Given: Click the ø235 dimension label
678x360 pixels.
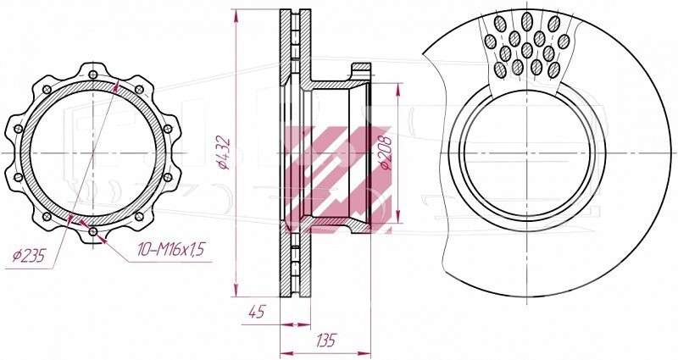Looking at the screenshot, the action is (29, 257).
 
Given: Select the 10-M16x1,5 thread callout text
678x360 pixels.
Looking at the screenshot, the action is (171, 249).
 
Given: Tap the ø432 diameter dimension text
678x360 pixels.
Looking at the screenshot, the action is (224, 152).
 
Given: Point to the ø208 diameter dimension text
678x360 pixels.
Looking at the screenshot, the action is (385, 153).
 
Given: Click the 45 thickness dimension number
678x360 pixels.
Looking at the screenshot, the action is (257, 312).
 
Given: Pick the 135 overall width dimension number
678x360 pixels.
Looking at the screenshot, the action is (325, 341).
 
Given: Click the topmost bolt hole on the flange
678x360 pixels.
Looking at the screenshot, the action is (93, 75).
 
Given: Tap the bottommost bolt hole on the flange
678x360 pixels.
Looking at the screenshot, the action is (93, 231).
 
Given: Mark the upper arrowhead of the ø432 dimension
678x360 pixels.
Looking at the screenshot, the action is (236, 15).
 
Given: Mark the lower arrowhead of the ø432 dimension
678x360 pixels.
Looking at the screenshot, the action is (236, 290).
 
